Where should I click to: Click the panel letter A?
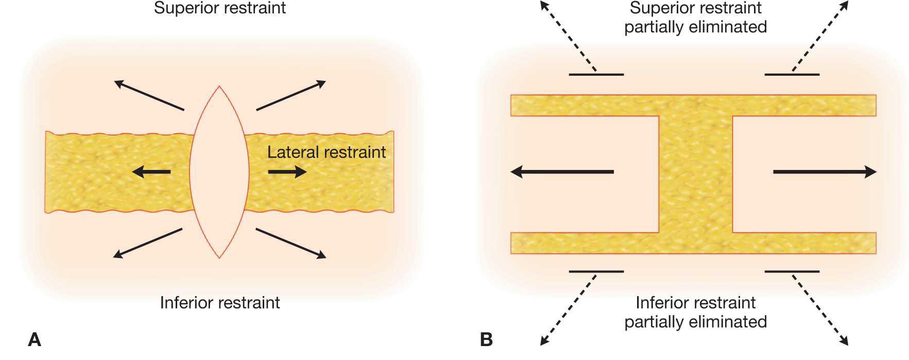pos(35,339)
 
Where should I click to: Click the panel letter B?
pos(486,339)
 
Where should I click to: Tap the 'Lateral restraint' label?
pos(327,152)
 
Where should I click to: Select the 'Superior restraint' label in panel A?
pos(220,8)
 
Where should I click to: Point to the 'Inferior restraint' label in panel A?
pos(220,302)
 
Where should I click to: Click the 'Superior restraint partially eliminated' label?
pos(695,18)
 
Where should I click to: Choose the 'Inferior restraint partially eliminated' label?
pos(695,312)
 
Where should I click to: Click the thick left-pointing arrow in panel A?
pos(150,172)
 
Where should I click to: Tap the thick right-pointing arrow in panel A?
pos(287,172)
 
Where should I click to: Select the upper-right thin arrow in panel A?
pos(291,95)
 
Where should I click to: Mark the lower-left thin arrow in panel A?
pos(148,243)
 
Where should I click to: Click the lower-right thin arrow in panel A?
pos(291,243)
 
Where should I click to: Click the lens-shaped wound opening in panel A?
pos(219,172)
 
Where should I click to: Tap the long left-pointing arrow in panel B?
pos(562,172)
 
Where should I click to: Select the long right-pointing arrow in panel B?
pos(825,172)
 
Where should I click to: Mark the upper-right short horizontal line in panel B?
pos(792,75)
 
